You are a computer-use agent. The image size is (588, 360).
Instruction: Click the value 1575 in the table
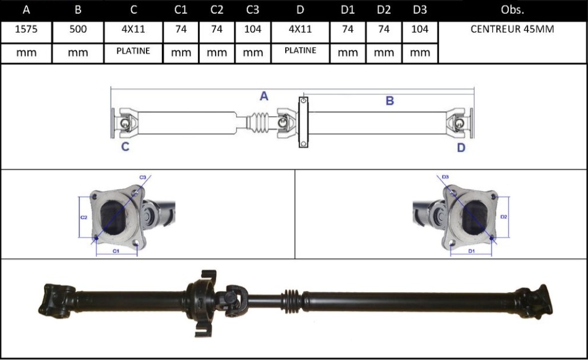click(x=26, y=29)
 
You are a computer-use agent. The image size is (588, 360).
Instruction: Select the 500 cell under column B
click(x=78, y=29)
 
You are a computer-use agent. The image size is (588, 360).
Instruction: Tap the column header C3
click(x=253, y=10)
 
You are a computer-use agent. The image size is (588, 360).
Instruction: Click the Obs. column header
click(x=512, y=10)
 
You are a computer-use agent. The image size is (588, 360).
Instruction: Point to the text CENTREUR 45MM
click(x=512, y=29)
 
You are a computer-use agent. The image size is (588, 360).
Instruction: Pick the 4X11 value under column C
click(x=133, y=29)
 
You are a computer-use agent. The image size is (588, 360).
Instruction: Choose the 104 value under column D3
click(x=420, y=29)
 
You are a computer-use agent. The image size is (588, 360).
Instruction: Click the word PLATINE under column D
click(x=301, y=50)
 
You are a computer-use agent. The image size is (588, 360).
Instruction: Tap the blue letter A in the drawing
click(x=264, y=96)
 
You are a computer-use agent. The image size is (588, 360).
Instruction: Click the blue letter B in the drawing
click(x=390, y=101)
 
